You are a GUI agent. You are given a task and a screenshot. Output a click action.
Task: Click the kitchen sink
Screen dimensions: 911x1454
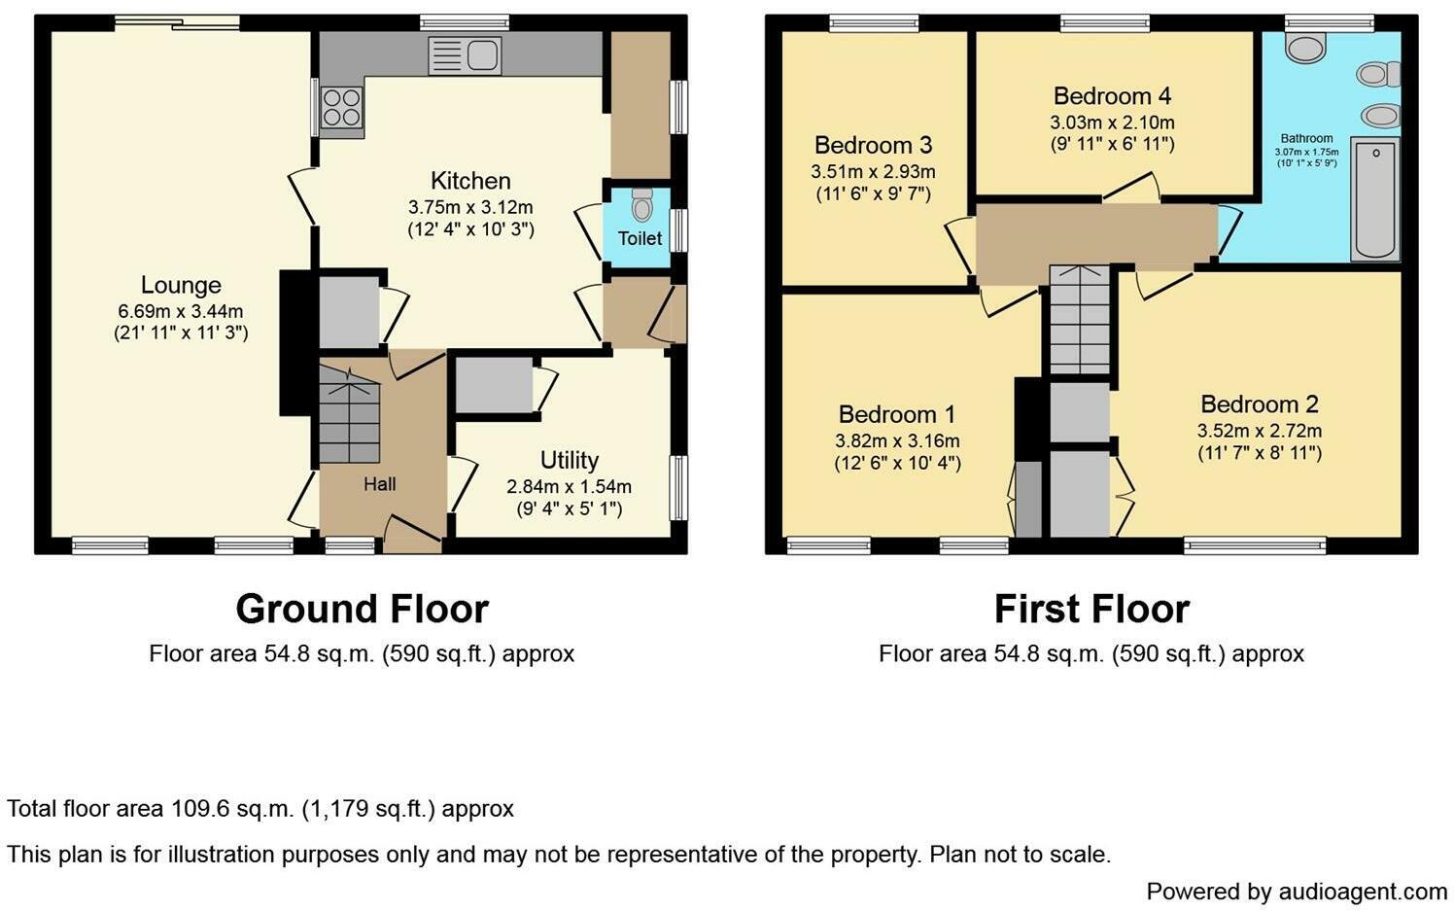tap(465, 55)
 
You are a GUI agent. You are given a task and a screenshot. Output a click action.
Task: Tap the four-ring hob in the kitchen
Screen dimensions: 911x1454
tap(341, 107)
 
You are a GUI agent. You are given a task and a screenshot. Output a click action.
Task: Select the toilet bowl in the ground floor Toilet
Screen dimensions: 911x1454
tap(641, 206)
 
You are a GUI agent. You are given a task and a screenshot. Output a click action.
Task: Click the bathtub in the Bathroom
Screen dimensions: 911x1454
tap(1374, 199)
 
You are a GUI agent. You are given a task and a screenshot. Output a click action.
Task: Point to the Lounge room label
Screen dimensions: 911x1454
tap(181, 285)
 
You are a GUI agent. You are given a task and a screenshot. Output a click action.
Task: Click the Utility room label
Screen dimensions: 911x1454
tap(570, 460)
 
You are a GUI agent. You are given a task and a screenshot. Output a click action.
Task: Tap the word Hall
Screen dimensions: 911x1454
tap(380, 484)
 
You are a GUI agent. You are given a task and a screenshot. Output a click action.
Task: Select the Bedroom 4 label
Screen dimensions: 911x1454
tap(1112, 96)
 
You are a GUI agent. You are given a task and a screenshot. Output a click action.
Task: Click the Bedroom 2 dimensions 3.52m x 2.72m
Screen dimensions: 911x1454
tap(1259, 431)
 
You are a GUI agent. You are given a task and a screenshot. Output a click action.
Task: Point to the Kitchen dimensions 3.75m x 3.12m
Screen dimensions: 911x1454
tap(470, 207)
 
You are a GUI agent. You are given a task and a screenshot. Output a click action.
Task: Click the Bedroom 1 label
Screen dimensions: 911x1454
tap(897, 415)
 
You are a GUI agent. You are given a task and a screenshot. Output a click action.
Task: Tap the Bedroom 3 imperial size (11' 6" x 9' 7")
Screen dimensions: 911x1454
tap(873, 193)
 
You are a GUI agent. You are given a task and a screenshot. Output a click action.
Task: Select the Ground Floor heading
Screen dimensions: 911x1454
tap(362, 610)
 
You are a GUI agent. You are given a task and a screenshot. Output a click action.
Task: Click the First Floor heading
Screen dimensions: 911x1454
tap(1091, 610)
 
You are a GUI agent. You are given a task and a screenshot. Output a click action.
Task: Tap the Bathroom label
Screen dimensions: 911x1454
tap(1306, 139)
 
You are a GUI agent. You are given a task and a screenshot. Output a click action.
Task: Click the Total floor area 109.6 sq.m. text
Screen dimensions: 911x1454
tap(260, 809)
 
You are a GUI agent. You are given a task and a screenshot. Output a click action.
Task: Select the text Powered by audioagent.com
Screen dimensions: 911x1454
tap(1297, 892)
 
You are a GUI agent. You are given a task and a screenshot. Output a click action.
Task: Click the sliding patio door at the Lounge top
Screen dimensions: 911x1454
tap(176, 22)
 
